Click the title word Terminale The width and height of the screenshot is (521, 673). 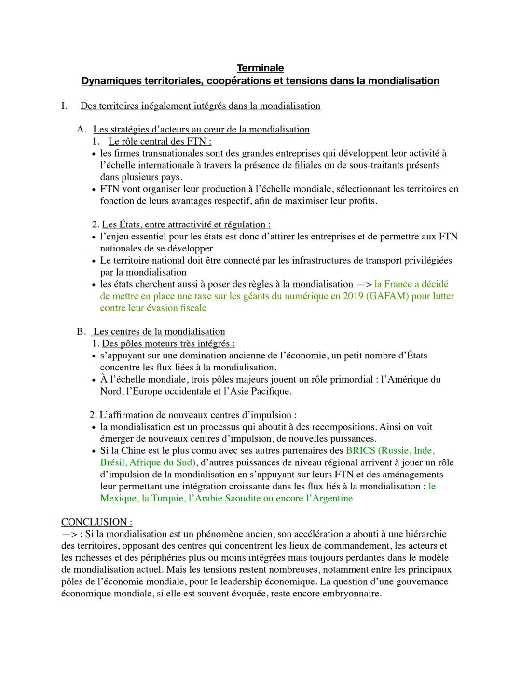(260, 68)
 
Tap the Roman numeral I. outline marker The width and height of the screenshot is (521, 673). (64, 106)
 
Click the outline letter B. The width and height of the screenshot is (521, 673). (81, 331)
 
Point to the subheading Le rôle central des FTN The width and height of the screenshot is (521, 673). (159, 141)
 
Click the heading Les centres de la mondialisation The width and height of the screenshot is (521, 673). (159, 331)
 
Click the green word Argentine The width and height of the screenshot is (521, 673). (332, 499)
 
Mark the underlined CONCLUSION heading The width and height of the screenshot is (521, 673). (96, 522)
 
